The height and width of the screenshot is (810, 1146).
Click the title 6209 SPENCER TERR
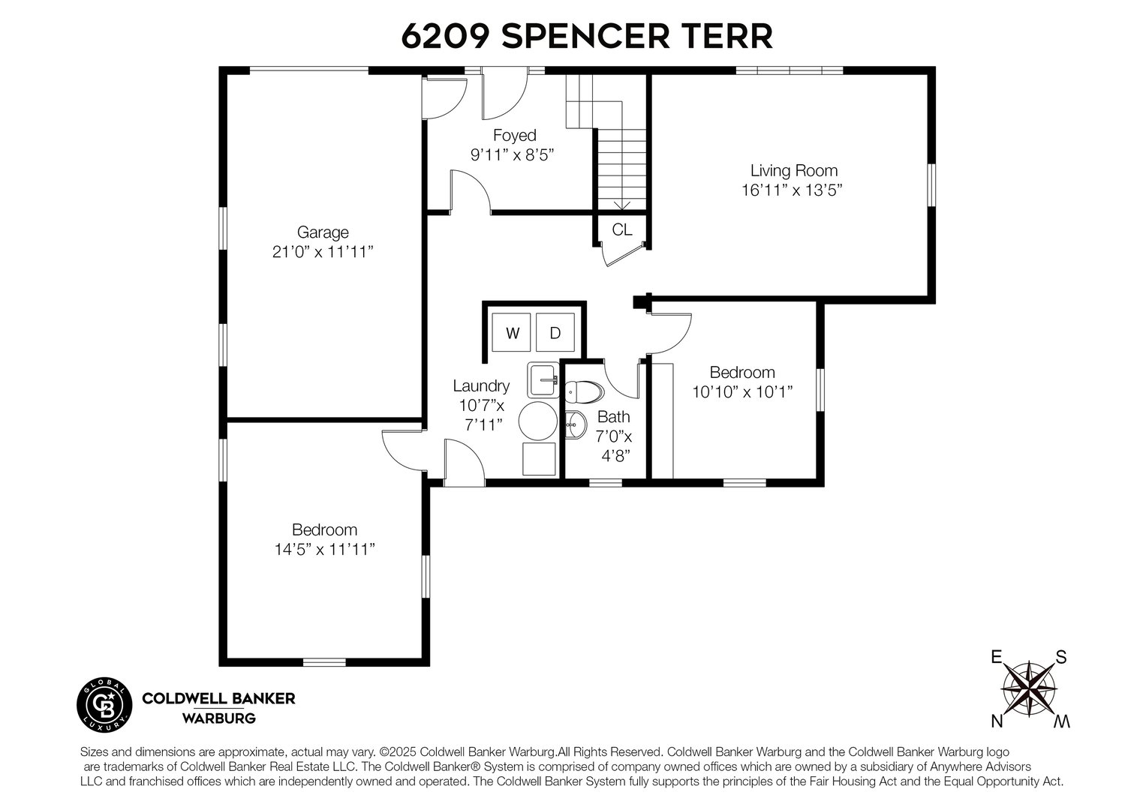click(x=586, y=35)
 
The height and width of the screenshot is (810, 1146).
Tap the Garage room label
click(x=323, y=232)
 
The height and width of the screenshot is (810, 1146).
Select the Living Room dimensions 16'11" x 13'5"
click(x=793, y=190)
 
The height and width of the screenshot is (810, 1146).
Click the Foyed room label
click(x=514, y=136)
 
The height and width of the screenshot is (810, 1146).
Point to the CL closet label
click(x=621, y=229)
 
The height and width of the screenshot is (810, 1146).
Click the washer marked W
click(x=513, y=333)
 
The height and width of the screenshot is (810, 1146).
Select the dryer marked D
click(x=555, y=333)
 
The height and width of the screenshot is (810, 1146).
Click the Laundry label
click(x=481, y=385)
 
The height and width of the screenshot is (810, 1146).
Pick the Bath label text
click(x=613, y=417)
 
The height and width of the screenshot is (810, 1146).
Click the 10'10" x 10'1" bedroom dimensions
click(x=742, y=391)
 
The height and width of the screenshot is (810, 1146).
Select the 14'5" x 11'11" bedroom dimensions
click(x=324, y=550)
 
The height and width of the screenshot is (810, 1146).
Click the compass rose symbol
click(x=1029, y=688)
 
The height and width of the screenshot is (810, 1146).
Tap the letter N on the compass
click(x=997, y=721)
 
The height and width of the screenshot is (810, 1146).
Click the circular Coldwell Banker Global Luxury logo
click(x=106, y=706)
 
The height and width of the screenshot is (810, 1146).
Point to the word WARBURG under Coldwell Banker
click(x=218, y=718)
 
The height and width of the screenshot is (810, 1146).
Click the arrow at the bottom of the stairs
click(x=621, y=205)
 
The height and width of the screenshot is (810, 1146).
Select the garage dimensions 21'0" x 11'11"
click(x=323, y=252)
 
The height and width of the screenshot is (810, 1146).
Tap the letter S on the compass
click(x=1061, y=657)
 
